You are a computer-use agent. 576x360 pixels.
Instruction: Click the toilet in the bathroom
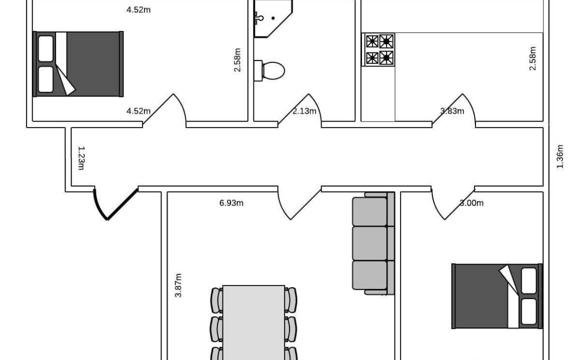coord(269,70)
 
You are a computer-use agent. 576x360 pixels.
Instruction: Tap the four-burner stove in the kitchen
coord(379,49)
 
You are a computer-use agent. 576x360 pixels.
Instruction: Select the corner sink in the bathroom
coord(272,18)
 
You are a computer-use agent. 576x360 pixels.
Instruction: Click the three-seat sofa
coord(373,243)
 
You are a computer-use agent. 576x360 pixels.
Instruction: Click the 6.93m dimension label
coord(231,203)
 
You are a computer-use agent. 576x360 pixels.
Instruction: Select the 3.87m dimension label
coord(178,285)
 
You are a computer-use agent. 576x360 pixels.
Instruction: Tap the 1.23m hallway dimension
coord(81,158)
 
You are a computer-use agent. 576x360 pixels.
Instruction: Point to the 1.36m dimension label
coord(560,156)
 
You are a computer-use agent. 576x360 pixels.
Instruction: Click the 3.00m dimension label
coord(471,203)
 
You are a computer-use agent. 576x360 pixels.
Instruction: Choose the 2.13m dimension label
coord(304,111)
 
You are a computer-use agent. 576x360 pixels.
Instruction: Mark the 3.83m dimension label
coord(452,111)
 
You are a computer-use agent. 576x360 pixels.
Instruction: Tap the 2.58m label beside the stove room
coord(532,58)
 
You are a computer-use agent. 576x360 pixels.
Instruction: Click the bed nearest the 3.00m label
coord(497,296)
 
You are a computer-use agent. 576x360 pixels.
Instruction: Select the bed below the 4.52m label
coord(78,64)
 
